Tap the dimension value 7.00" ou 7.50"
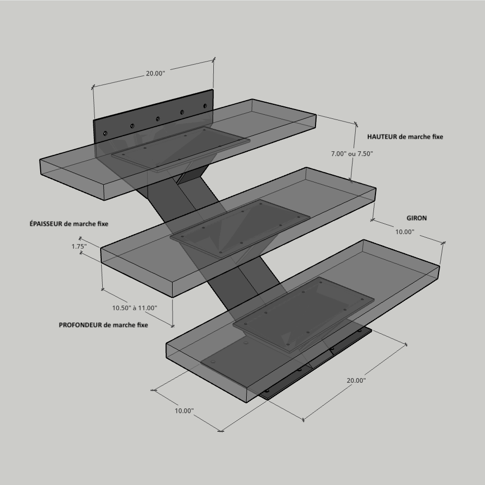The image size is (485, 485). (x=352, y=154)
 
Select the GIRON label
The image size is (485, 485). (x=416, y=218)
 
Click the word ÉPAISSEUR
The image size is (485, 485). (x=46, y=223)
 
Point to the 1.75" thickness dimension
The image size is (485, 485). (x=79, y=247)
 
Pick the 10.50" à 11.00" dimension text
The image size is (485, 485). (x=135, y=308)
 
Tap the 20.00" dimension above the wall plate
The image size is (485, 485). (x=155, y=74)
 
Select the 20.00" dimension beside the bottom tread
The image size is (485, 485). (x=356, y=381)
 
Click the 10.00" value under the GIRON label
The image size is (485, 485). (x=405, y=232)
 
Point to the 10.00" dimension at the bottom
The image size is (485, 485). (x=184, y=411)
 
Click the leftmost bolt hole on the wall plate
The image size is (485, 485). (x=105, y=134)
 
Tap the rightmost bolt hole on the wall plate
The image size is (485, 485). (x=205, y=106)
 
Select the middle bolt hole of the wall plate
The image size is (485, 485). (x=157, y=119)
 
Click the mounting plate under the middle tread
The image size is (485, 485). (x=240, y=228)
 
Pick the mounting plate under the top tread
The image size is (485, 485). (x=180, y=149)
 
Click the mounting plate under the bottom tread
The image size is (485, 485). (x=304, y=314)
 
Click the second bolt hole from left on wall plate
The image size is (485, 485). (x=132, y=126)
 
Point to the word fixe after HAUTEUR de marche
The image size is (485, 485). (x=437, y=137)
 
